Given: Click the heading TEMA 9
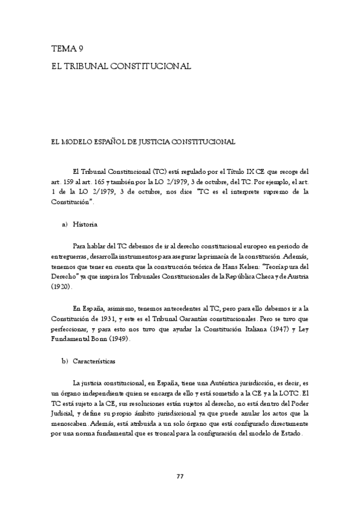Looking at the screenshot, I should point(67,51).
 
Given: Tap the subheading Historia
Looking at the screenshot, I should point(85,224).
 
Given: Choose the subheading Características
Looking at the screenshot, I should point(94,363).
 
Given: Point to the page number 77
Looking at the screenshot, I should point(180,476).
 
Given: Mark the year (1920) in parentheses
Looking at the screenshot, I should point(60,287).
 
